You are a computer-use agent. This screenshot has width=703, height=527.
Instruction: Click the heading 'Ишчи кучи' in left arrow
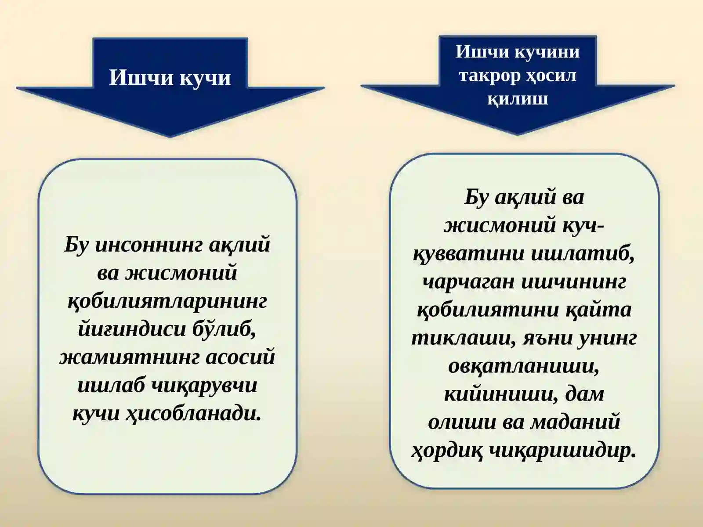[x=170, y=78]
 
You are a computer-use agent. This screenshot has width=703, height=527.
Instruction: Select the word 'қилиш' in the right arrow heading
[x=518, y=98]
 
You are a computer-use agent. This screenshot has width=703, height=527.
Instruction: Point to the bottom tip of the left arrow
[x=170, y=136]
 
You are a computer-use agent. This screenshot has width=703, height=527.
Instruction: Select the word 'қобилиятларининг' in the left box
[x=167, y=302]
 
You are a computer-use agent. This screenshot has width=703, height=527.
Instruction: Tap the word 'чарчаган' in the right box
[x=468, y=282]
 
